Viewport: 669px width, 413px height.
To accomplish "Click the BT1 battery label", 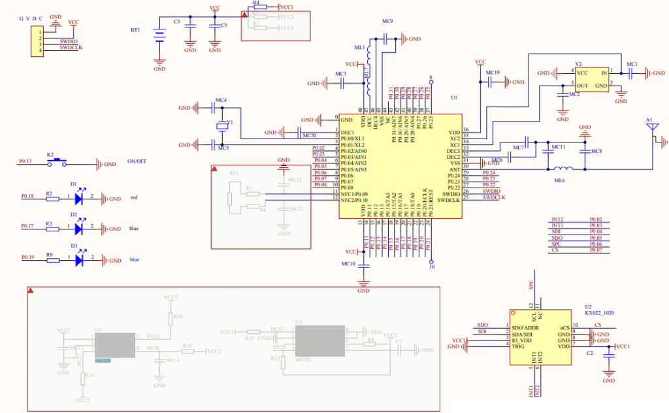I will tap(135, 30).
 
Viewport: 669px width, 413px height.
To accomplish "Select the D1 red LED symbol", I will tap(80, 197).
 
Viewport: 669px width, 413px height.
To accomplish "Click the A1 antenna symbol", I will tap(650, 129).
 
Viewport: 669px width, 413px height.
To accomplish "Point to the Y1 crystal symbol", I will tap(223, 125).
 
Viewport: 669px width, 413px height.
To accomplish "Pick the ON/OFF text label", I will tap(136, 161).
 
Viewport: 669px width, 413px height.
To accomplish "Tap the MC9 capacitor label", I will tap(387, 22).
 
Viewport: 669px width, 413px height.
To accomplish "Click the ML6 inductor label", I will tap(559, 179).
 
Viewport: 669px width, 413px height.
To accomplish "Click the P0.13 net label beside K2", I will tap(25, 161).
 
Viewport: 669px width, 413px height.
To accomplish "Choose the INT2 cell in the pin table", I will tap(557, 220).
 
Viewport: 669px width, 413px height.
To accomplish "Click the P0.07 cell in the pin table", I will tap(596, 250).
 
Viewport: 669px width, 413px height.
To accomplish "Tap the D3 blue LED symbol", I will tap(80, 260).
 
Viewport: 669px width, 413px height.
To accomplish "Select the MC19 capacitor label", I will tap(493, 73).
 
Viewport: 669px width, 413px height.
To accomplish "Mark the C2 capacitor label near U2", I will tap(590, 353).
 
